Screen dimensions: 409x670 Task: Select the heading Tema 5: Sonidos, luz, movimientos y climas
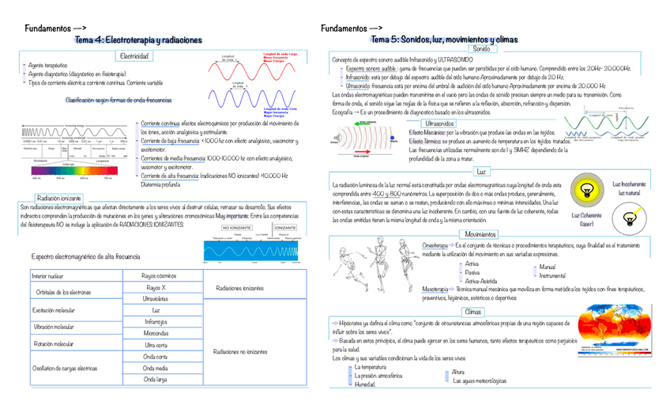(444, 40)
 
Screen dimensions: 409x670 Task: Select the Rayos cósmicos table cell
(159, 275)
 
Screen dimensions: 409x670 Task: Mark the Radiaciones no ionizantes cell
(240, 350)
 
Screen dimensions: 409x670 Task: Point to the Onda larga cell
(155, 379)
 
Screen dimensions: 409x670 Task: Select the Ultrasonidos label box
(439, 124)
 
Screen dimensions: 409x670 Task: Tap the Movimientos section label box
(481, 213)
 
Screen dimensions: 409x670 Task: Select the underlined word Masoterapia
(435, 290)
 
